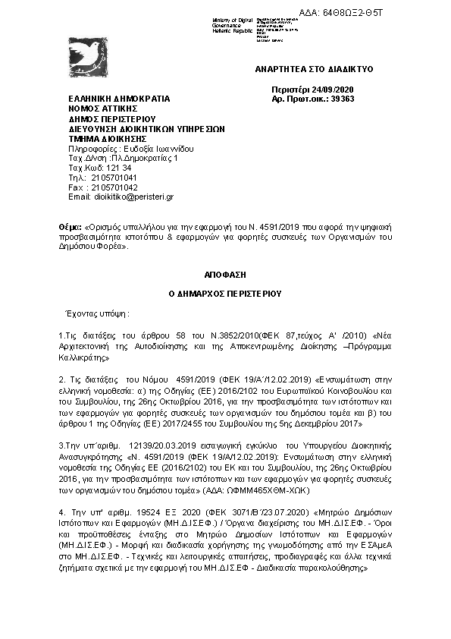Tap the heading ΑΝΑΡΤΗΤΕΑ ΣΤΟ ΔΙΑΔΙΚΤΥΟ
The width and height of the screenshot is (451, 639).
coord(315,69)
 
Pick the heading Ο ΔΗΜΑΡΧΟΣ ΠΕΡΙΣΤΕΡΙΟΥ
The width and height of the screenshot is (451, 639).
coord(225,291)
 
